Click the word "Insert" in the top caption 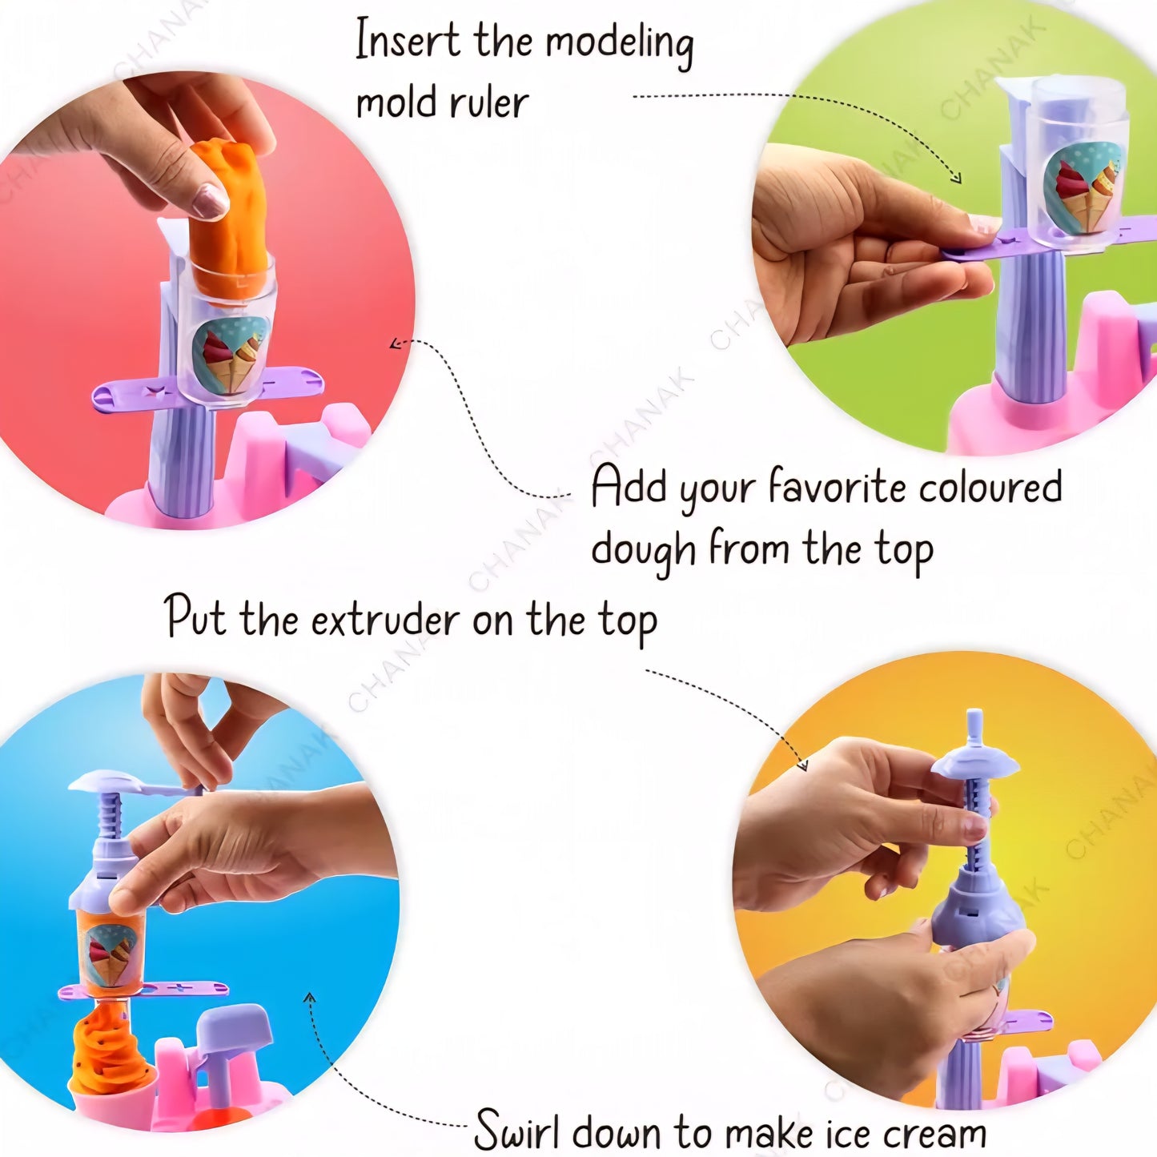(408, 40)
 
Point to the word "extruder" (385, 621)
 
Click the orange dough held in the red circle (228, 216)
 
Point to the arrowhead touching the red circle (394, 344)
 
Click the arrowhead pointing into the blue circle (310, 998)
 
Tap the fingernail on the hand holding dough (210, 200)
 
